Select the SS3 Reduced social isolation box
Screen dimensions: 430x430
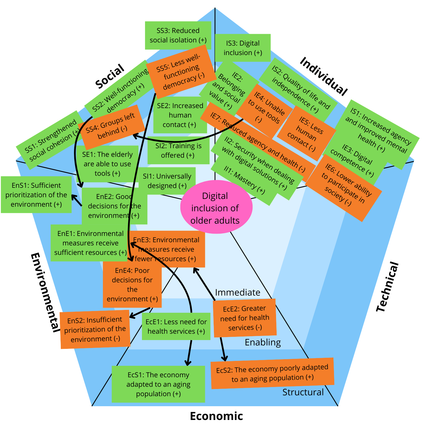pos(178,35)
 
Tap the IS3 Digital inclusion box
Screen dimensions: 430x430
pos(243,48)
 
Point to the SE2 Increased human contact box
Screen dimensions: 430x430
pos(180,115)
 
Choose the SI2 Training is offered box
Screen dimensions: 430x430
pos(178,150)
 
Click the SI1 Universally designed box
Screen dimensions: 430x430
pos(167,181)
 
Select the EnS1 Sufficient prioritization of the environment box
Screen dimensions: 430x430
pos(36,195)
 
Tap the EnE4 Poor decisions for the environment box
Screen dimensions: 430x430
pos(132,285)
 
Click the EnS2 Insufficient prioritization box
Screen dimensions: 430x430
pos(95,329)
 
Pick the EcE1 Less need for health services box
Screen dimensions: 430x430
pos(176,327)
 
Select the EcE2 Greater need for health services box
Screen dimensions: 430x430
pos(245,318)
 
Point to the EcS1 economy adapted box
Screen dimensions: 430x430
pos(158,384)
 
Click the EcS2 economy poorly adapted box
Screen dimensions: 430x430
pos(272,373)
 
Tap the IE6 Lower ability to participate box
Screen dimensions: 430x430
pos(344,188)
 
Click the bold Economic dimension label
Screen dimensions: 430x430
pos(216,416)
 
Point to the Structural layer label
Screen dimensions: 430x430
pos(303,392)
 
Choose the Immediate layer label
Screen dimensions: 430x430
pos(238,292)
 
